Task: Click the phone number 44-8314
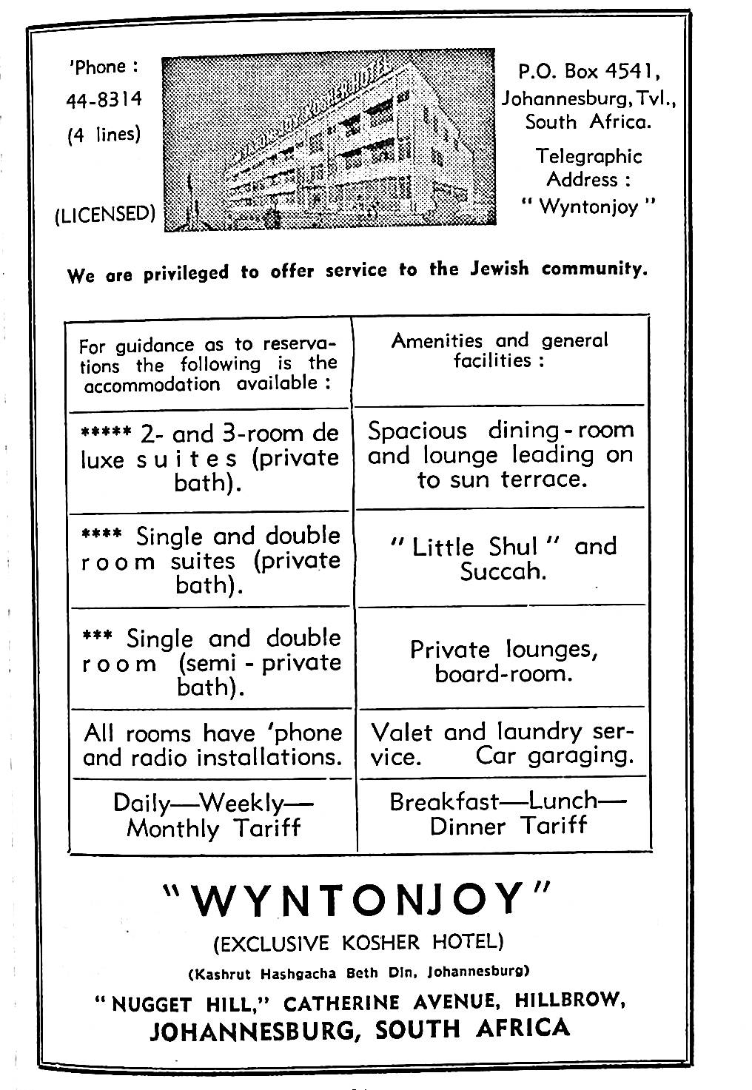[x=104, y=100]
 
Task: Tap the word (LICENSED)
[x=105, y=214]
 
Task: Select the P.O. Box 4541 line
[x=588, y=72]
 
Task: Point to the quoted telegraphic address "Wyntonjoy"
[x=588, y=206]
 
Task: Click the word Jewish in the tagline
[x=500, y=269]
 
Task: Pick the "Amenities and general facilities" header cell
[x=500, y=351]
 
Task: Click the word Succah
[x=503, y=572]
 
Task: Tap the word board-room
[x=503, y=675]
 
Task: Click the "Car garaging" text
[x=554, y=756]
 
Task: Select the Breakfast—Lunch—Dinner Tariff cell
[x=508, y=813]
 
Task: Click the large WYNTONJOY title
[x=357, y=899]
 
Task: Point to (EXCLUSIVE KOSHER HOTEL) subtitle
[x=358, y=943]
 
